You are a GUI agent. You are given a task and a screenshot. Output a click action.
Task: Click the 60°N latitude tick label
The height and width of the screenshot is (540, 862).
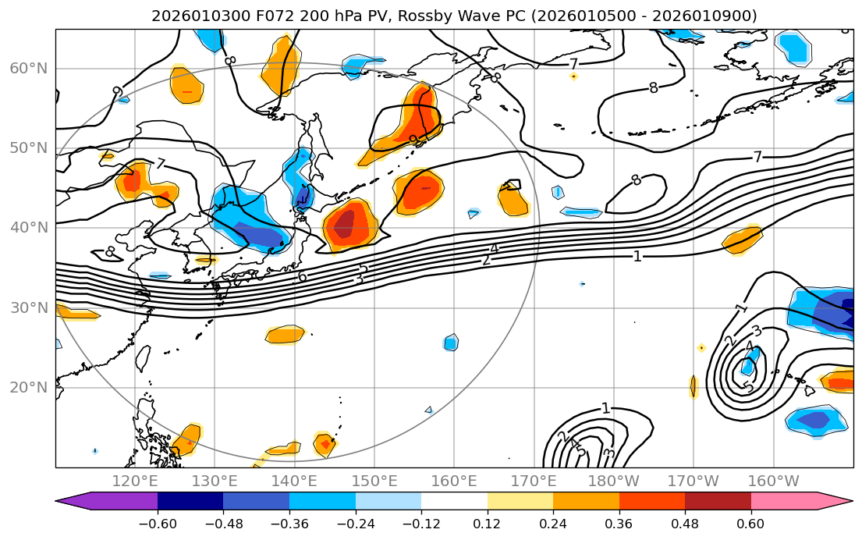28,69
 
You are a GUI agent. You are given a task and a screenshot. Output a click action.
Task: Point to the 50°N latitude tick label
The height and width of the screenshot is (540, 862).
28,148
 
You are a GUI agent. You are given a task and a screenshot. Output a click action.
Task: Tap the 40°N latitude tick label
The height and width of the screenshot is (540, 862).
28,228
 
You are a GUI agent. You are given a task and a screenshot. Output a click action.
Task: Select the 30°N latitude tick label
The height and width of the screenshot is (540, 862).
28,307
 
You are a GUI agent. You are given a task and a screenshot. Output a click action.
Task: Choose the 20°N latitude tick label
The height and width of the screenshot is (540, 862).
28,388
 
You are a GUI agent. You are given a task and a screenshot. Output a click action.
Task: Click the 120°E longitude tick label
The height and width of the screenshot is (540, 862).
135,481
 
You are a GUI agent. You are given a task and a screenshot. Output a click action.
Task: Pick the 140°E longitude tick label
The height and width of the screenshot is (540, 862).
294,481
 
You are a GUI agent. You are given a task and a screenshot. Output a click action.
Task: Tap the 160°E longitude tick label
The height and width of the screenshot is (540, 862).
454,481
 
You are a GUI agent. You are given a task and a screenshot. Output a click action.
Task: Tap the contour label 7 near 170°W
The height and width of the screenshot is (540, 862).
757,157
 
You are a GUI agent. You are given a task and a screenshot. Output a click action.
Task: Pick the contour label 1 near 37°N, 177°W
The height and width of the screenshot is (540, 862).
637,256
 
